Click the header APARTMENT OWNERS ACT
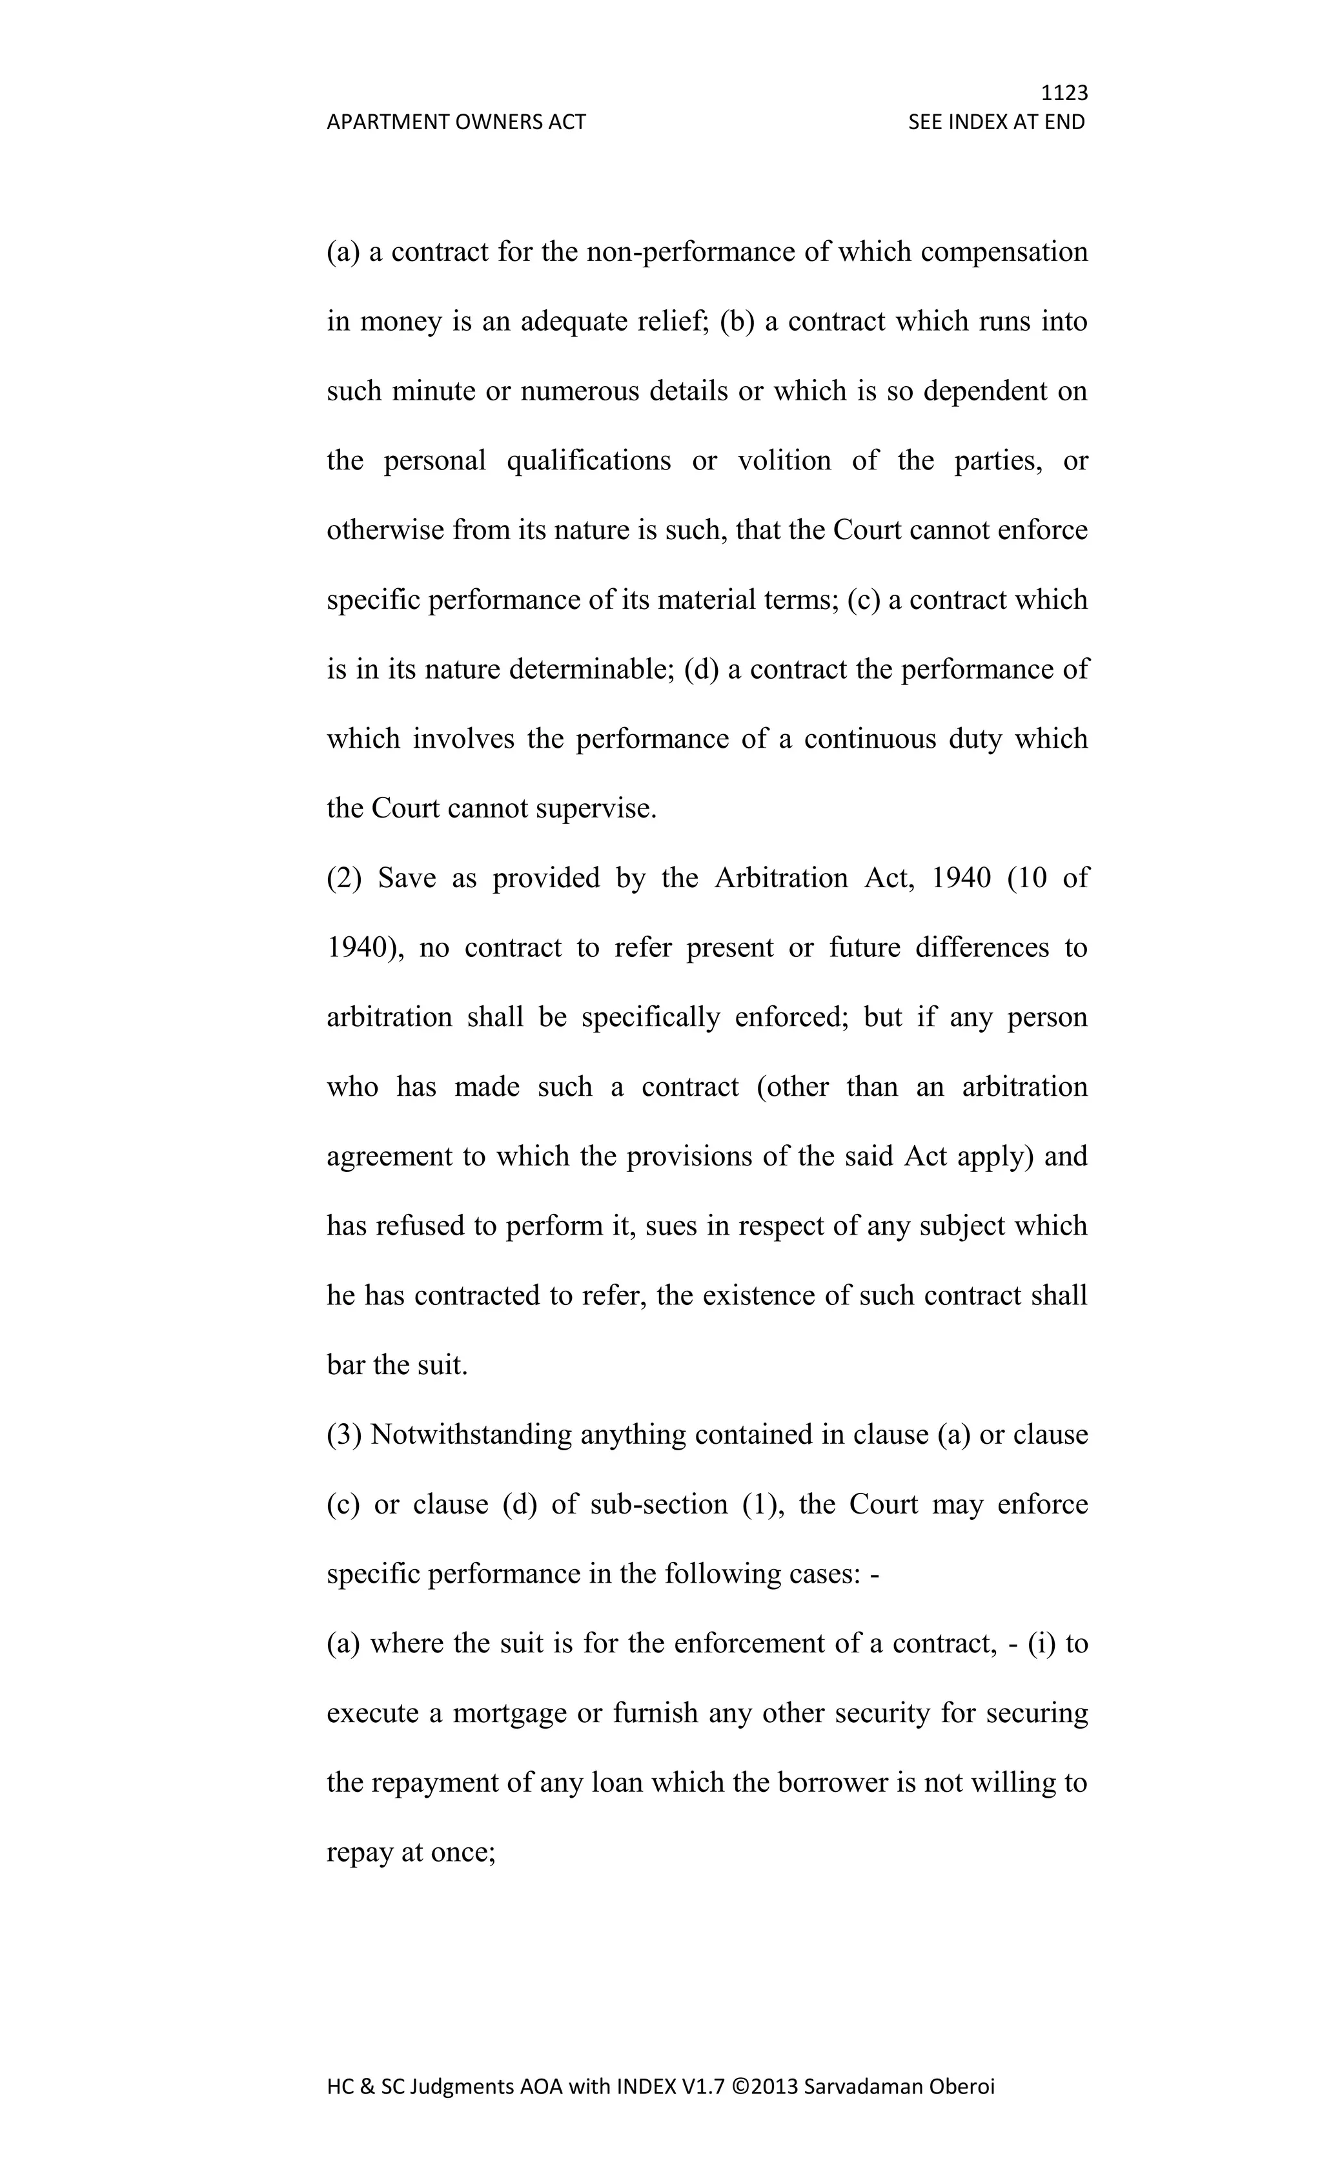tap(456, 122)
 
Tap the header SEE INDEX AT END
tap(996, 122)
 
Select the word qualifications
tap(589, 460)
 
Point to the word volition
tap(784, 460)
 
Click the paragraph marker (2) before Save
tap(345, 878)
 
